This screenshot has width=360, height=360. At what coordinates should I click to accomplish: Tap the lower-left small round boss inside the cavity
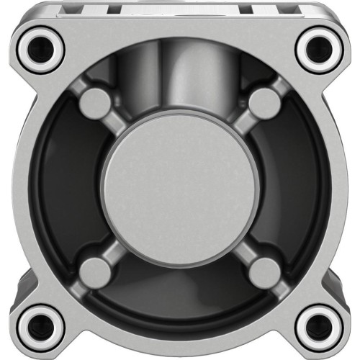93,271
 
